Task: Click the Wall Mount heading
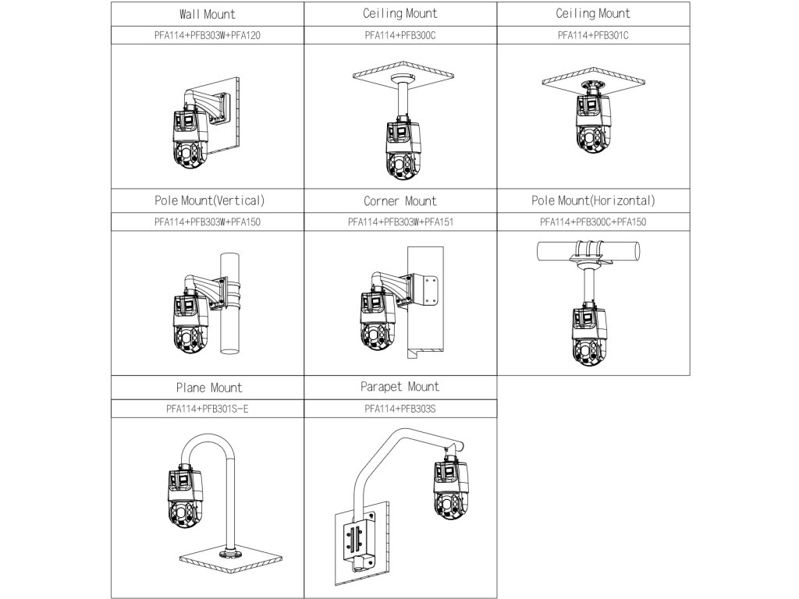tap(207, 14)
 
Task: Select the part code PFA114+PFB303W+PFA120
tap(207, 35)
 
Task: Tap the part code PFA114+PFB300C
tap(400, 35)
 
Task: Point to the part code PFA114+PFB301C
tap(593, 35)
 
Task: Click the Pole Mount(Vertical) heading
tap(209, 200)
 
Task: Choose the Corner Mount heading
tap(400, 201)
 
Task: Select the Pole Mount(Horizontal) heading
tap(593, 200)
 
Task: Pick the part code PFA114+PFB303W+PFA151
tap(400, 222)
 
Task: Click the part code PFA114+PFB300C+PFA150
tap(593, 222)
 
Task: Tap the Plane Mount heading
tap(209, 388)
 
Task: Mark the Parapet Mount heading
tap(400, 387)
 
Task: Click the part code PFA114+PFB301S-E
tap(207, 408)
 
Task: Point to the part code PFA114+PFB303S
tap(400, 408)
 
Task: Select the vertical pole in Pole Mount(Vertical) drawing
tap(229, 328)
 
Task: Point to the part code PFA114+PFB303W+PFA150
tap(207, 222)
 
